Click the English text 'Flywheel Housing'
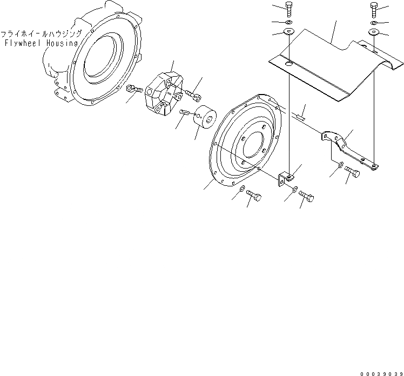click(x=41, y=43)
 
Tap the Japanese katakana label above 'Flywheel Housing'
click(x=41, y=32)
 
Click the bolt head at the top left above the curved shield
click(x=287, y=9)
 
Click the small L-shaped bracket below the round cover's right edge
click(x=285, y=178)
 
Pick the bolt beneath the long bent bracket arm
click(x=352, y=172)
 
